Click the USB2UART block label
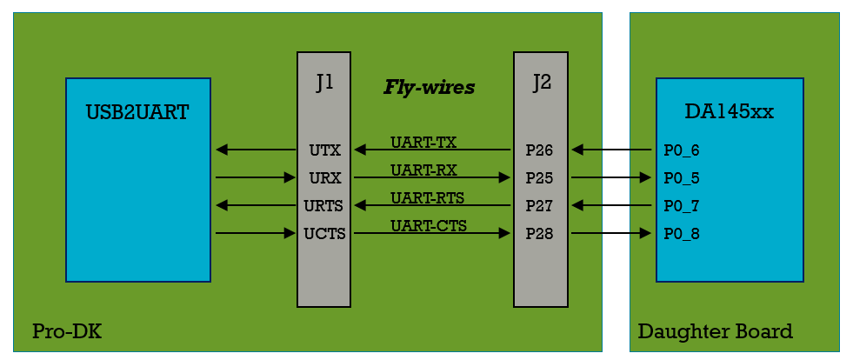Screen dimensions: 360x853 pos(137,112)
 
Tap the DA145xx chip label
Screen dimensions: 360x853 pos(729,112)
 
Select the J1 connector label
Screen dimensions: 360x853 pos(324,83)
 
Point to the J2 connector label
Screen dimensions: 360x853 pos(541,83)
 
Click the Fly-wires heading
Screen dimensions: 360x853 pos(429,87)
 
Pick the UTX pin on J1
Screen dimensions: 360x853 pos(324,150)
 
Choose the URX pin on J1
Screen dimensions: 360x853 pos(324,178)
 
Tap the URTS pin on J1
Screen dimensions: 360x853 pos(323,206)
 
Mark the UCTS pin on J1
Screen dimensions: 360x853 pos(323,234)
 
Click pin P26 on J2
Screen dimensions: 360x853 pos(539,150)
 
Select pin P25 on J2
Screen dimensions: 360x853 pos(539,178)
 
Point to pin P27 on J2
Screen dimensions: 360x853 pos(539,206)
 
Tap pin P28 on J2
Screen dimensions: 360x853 pos(539,234)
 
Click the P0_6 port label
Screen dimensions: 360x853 pos(681,150)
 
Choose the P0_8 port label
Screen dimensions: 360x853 pos(681,234)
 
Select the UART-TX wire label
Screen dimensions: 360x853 pos(423,142)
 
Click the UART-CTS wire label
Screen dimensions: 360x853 pos(428,225)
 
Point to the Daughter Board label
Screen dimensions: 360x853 pos(715,331)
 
